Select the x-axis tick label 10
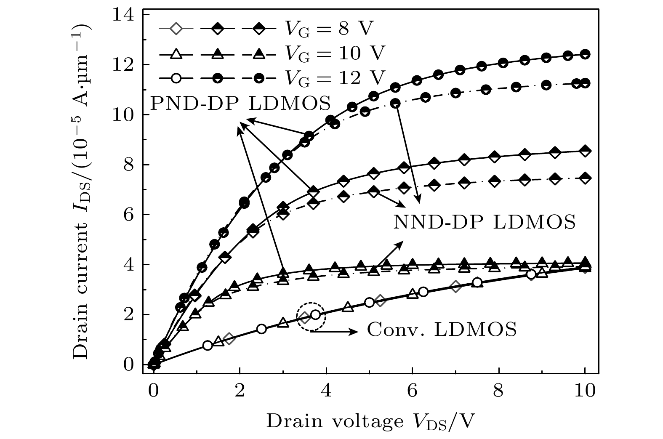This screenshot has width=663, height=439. pyautogui.click(x=585, y=391)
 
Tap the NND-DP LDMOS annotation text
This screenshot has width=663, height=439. pyautogui.click(x=485, y=222)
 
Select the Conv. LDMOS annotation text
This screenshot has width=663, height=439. pyautogui.click(x=442, y=330)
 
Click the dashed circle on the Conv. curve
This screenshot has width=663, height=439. pyautogui.click(x=311, y=317)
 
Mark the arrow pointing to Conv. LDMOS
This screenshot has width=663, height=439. pyautogui.click(x=335, y=332)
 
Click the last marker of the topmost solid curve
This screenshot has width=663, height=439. pyautogui.click(x=585, y=54)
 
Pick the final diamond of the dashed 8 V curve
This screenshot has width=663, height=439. pyautogui.click(x=585, y=178)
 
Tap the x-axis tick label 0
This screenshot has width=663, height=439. pyautogui.click(x=154, y=391)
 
